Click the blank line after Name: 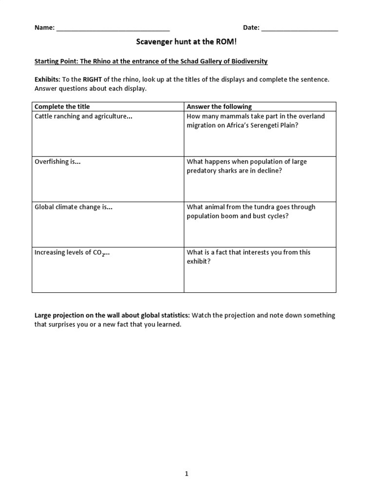pyautogui.click(x=113, y=28)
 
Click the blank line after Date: pyautogui.click(x=299, y=28)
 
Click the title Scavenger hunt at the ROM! pyautogui.click(x=186, y=43)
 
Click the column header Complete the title pyautogui.click(x=62, y=107)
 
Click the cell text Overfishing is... pyautogui.click(x=57, y=162)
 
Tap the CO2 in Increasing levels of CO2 pyautogui.click(x=98, y=253)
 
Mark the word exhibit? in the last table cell pyautogui.click(x=199, y=261)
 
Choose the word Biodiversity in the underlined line pyautogui.click(x=248, y=61)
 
